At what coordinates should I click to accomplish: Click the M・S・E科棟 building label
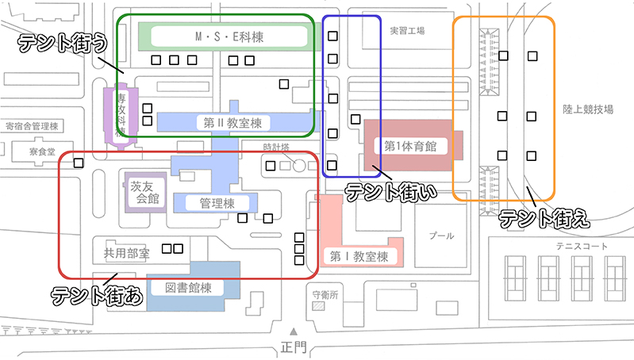(x=229, y=36)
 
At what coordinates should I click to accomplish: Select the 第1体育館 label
(x=410, y=146)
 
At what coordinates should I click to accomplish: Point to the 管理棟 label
(x=217, y=203)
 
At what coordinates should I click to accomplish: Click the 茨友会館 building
(x=144, y=191)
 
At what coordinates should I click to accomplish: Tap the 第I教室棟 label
(x=359, y=256)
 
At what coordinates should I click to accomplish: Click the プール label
(x=442, y=236)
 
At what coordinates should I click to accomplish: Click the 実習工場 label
(x=407, y=30)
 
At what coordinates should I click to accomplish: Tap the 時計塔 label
(x=277, y=147)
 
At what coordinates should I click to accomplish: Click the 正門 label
(x=293, y=347)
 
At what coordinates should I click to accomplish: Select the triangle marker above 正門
(x=293, y=331)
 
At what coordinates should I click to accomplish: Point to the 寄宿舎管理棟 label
(x=32, y=126)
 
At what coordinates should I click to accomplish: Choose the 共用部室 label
(x=127, y=254)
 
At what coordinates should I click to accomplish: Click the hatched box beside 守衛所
(x=318, y=306)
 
